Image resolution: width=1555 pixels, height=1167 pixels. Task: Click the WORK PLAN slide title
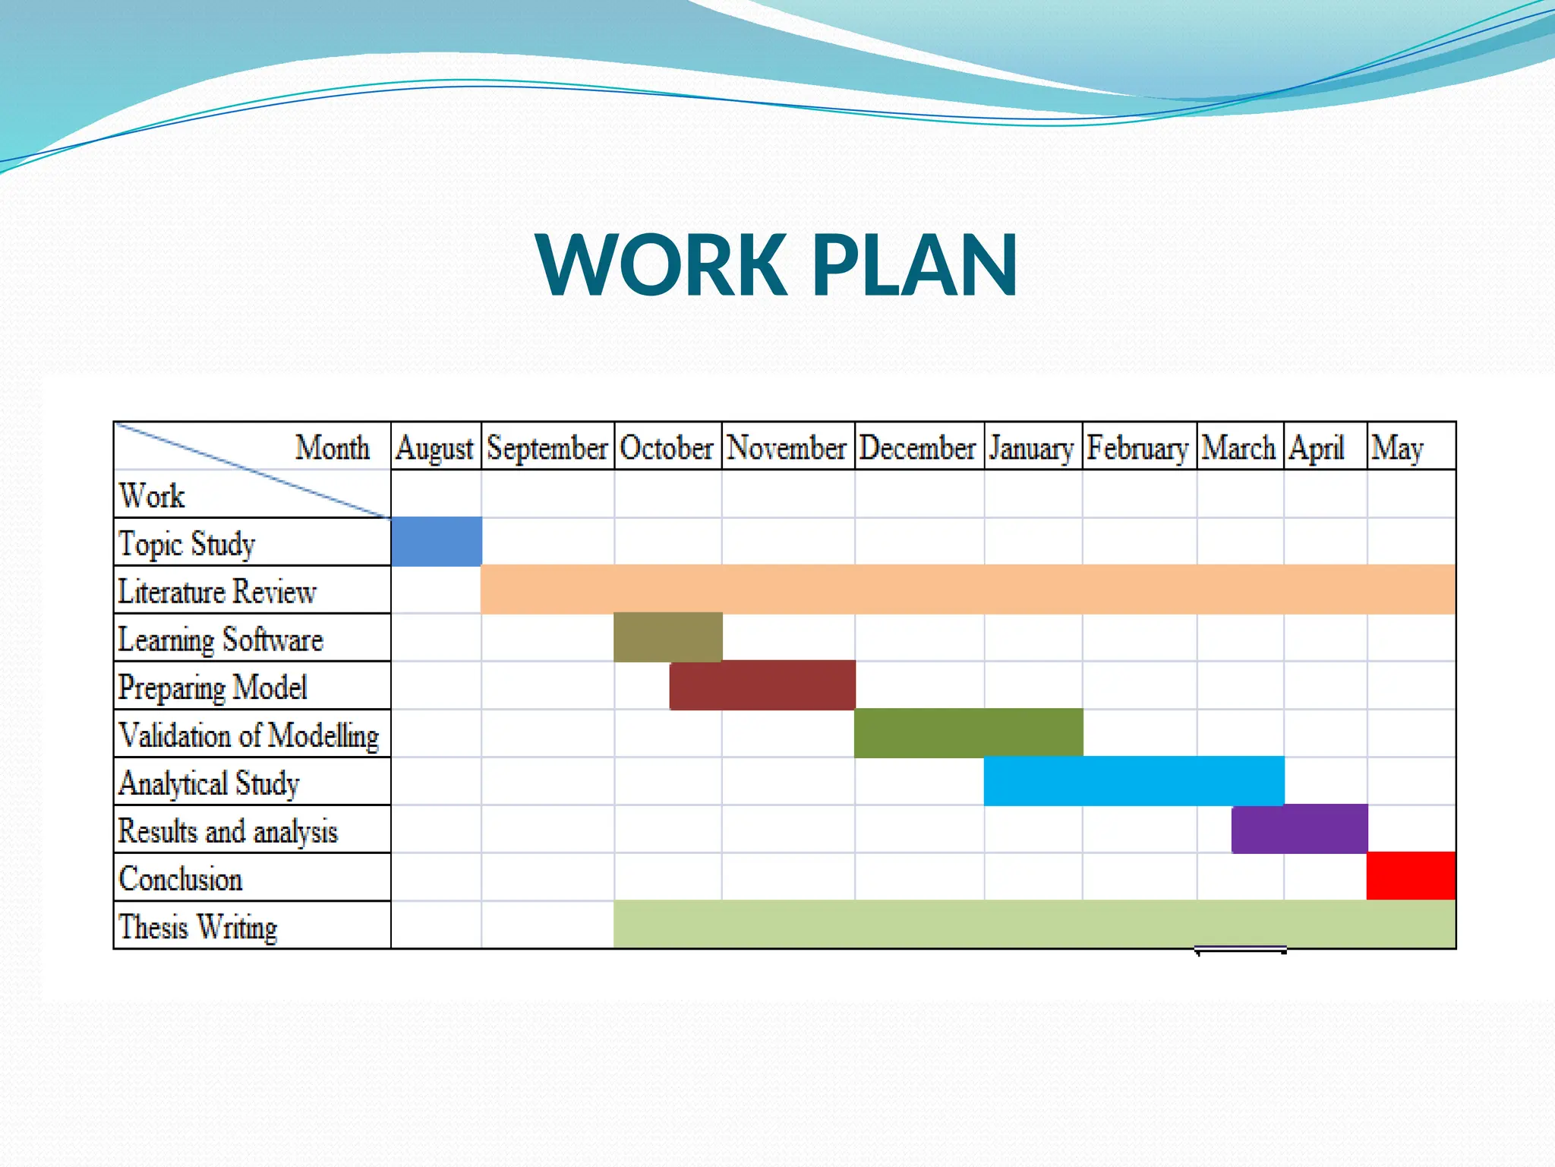pyautogui.click(x=776, y=264)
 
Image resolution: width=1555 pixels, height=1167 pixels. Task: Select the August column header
pyautogui.click(x=434, y=448)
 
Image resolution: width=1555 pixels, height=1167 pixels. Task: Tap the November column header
pyautogui.click(x=787, y=448)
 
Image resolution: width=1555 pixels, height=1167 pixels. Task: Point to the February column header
pyautogui.click(x=1137, y=448)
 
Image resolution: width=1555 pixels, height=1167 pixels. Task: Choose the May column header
pyautogui.click(x=1397, y=448)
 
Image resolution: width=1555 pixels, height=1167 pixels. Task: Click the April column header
pyautogui.click(x=1317, y=448)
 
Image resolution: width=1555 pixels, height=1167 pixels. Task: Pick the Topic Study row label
pyautogui.click(x=187, y=544)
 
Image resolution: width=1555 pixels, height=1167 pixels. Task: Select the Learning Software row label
pyautogui.click(x=220, y=640)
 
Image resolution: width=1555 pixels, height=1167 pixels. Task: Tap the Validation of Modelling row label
pyautogui.click(x=249, y=735)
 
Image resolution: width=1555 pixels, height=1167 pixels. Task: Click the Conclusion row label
pyautogui.click(x=181, y=879)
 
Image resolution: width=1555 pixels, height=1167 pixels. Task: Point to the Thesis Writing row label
pyautogui.click(x=198, y=927)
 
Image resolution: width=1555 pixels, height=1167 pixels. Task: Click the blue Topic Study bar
pyautogui.click(x=437, y=542)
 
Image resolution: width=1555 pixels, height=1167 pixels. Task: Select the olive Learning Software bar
pyautogui.click(x=667, y=637)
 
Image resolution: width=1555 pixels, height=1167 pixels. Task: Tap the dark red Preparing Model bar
pyautogui.click(x=762, y=685)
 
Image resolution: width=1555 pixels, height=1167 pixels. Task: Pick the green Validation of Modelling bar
pyautogui.click(x=968, y=733)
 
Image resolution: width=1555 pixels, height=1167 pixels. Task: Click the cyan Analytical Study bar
pyautogui.click(x=1134, y=781)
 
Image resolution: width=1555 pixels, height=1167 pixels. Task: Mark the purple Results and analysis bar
pyautogui.click(x=1299, y=829)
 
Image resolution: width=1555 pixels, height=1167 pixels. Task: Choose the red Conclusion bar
pyautogui.click(x=1411, y=876)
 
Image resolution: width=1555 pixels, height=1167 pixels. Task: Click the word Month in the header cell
pyautogui.click(x=333, y=448)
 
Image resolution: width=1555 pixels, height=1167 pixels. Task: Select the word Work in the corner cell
pyautogui.click(x=152, y=496)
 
